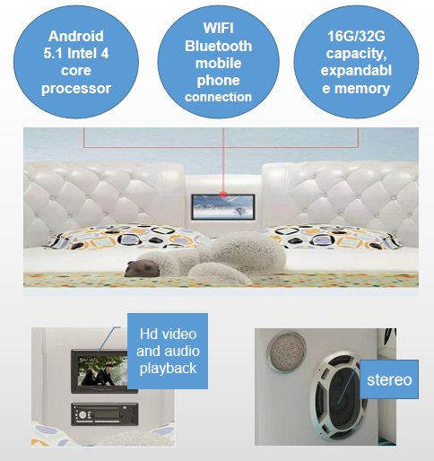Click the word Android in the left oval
coord(76,36)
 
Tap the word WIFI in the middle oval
coord(219,29)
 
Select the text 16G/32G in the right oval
coord(356,37)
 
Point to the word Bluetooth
coord(219,46)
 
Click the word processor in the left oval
coord(76,89)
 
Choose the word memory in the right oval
coord(362,89)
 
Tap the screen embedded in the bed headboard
coord(223,207)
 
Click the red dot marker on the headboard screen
coord(223,195)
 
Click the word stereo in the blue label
coord(389,379)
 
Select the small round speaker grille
coord(286,352)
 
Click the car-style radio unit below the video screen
coord(105,414)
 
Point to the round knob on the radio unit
coord(82,414)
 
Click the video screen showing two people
coord(102,370)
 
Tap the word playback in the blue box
coord(168,369)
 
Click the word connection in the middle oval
coord(218,97)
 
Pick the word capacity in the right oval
coord(356,54)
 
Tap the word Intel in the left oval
coord(82,54)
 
